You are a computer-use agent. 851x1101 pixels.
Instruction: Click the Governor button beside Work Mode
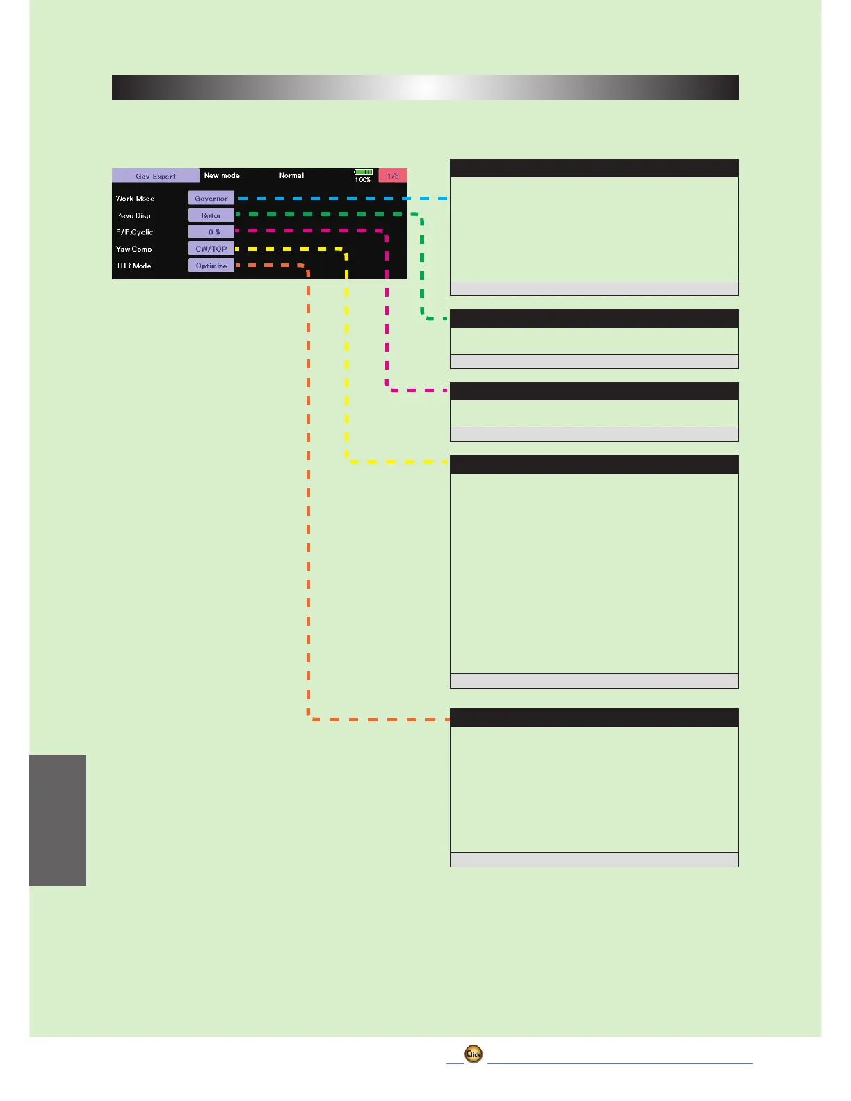[211, 198]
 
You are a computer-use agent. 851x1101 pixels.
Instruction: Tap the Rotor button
[211, 215]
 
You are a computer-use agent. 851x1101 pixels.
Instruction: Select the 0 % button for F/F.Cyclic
[211, 232]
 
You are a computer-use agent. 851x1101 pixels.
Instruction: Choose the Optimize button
[211, 266]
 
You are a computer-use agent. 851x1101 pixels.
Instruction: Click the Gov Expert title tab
[156, 176]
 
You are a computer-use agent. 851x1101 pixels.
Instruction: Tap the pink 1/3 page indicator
[393, 176]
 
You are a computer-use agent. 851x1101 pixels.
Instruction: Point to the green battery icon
[363, 172]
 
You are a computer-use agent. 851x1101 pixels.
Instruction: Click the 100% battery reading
[363, 180]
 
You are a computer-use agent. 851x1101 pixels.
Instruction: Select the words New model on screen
[222, 176]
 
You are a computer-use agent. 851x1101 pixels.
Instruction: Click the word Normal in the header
[291, 176]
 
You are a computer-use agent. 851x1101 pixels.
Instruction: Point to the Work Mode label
[135, 199]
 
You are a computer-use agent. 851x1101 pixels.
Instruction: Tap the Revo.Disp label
[133, 215]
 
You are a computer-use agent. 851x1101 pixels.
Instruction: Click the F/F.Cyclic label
[134, 232]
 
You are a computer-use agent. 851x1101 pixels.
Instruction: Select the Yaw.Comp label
[133, 249]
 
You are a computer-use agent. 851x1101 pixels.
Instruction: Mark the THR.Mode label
[133, 266]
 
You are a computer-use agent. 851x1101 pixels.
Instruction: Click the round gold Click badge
[473, 1054]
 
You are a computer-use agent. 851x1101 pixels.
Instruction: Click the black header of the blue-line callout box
[594, 168]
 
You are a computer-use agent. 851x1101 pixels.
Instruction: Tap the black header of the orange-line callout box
[594, 717]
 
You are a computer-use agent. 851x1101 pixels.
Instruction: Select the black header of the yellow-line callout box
[594, 464]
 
